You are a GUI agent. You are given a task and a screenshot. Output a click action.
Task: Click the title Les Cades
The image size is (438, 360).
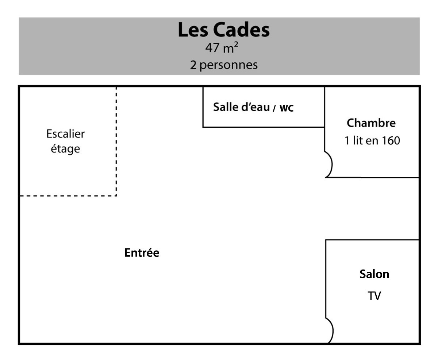[223, 30]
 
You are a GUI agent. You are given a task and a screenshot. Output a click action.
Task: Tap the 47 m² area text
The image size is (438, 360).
[222, 48]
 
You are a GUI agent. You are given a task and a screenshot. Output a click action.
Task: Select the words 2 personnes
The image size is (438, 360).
[224, 65]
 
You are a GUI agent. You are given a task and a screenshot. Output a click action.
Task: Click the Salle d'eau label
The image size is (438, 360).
[241, 107]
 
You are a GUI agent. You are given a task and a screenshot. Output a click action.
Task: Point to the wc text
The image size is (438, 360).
[287, 108]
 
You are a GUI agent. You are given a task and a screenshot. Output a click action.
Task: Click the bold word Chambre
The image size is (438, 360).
[371, 123]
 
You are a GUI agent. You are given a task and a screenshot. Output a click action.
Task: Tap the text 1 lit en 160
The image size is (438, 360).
[372, 140]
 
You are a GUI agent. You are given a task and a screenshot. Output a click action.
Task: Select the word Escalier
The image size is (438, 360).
[65, 133]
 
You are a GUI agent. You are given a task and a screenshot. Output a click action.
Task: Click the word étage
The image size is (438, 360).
[65, 149]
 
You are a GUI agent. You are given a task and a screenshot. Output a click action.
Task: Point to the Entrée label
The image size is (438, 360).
[142, 253]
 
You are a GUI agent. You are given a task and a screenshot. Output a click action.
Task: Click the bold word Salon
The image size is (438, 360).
[374, 274]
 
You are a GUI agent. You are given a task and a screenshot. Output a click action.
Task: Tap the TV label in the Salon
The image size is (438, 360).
[374, 296]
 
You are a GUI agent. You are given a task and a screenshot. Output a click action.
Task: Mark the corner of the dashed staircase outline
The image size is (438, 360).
[116, 196]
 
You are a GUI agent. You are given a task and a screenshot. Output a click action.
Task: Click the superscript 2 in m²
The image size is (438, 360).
[236, 44]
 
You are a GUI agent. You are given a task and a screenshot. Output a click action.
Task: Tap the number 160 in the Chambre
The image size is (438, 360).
[391, 140]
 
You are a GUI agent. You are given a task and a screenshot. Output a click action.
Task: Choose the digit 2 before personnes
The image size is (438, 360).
[193, 65]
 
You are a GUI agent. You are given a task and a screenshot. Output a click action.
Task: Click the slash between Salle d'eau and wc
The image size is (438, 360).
[274, 108]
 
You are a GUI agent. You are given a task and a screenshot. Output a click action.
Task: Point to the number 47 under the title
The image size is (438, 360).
[212, 48]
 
